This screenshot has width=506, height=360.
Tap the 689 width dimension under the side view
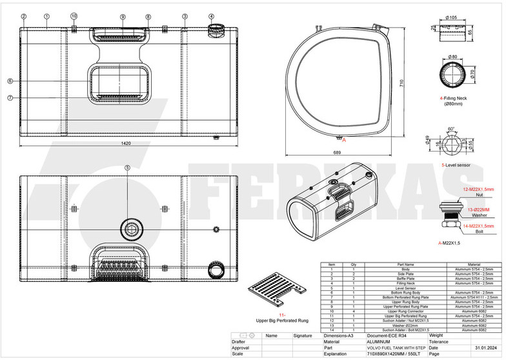[336, 152]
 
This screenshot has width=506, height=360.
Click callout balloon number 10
[74, 15]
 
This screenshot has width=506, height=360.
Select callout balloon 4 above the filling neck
[212, 16]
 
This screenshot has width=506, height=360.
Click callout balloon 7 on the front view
[10, 98]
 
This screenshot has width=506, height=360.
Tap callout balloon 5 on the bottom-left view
[127, 168]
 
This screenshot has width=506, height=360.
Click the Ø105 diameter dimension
[452, 17]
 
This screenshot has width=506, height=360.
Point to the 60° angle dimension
[450, 128]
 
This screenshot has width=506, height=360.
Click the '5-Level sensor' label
[455, 166]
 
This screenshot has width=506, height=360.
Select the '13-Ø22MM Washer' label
[479, 212]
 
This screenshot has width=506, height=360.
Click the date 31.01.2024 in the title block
[485, 348]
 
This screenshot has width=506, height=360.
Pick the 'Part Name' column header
[404, 265]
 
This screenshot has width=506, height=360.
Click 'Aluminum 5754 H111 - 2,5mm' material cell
[473, 296]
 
